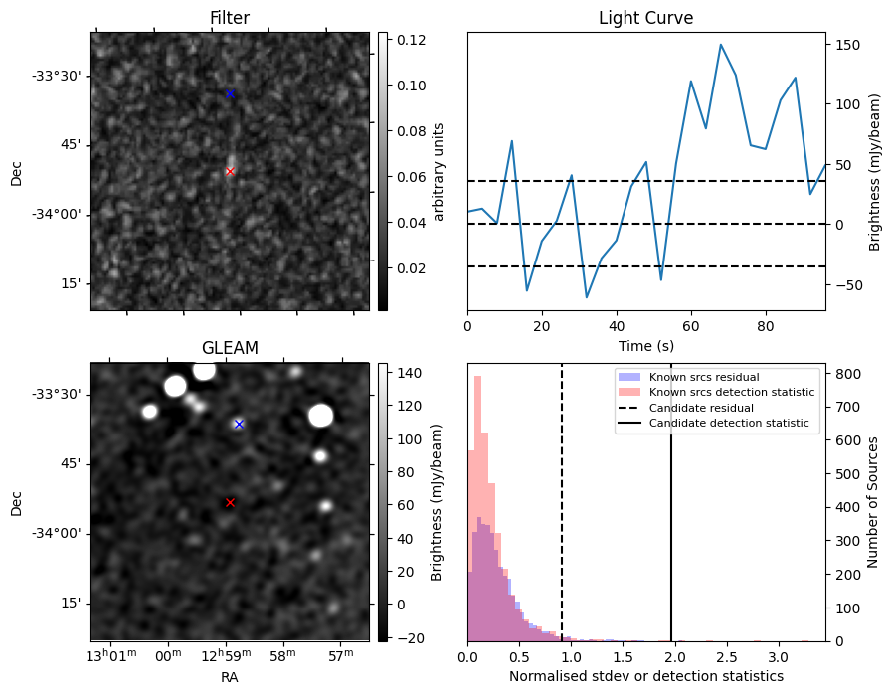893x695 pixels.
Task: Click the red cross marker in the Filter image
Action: pos(230,171)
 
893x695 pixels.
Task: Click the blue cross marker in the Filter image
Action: pos(230,94)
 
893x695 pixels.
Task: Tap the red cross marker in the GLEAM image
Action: pos(230,503)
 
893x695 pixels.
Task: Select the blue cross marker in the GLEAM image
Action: pos(239,424)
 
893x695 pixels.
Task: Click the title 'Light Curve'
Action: pos(645,18)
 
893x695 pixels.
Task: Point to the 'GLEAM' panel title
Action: pos(230,348)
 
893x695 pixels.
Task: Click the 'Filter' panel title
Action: pos(230,18)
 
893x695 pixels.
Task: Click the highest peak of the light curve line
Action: pos(721,45)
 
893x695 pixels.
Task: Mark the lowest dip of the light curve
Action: pos(587,297)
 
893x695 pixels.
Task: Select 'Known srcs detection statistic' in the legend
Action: pos(732,393)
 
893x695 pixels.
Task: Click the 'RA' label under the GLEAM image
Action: pos(230,677)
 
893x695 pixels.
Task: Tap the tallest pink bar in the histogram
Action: pos(477,507)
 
